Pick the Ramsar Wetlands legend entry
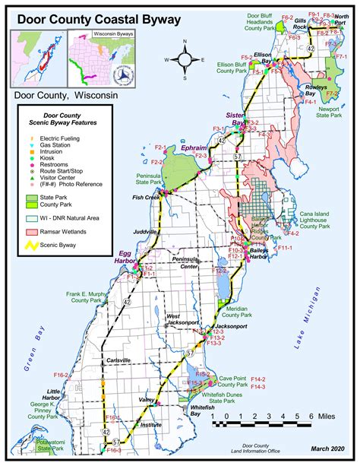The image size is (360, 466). pyautogui.click(x=69, y=230)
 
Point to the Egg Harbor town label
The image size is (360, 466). pyautogui.click(x=128, y=257)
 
